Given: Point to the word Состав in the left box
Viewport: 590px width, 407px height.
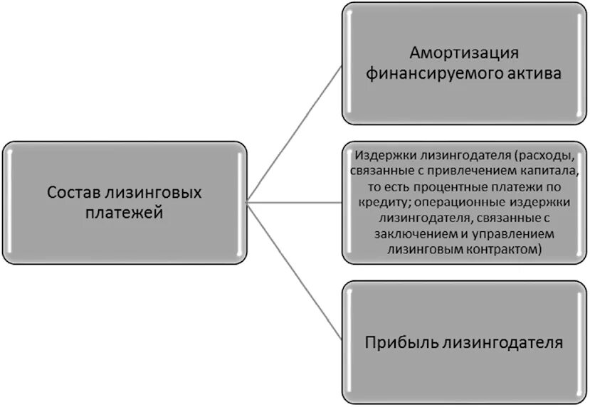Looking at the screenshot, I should (x=75, y=192).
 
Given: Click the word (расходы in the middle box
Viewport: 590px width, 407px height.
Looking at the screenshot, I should (x=543, y=155).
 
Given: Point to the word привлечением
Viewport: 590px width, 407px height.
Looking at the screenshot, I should (x=459, y=171).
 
